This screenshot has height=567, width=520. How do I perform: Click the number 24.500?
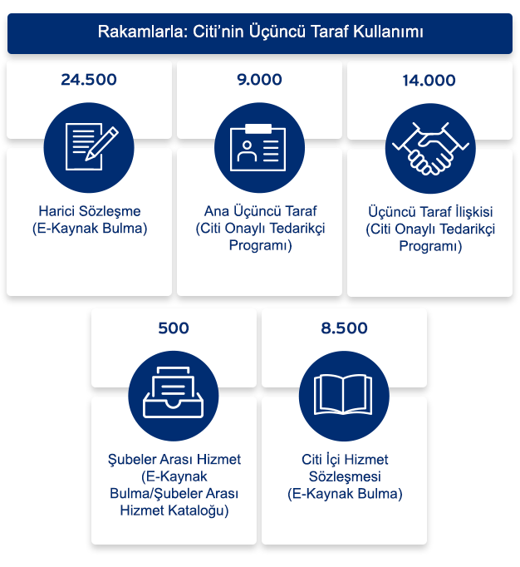89,81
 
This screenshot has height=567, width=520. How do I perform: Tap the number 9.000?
259,81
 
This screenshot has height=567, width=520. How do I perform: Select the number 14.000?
429,81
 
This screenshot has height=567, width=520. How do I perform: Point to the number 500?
174,328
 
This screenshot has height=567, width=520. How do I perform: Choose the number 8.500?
344,328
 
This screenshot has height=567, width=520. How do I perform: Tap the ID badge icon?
259,148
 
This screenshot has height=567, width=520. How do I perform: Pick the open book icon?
344,395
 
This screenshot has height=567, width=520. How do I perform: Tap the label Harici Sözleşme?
89,211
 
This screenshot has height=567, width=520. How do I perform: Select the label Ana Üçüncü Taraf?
260,211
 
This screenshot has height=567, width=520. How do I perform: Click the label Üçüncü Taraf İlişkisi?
429,212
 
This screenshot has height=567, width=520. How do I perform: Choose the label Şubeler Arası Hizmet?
174,460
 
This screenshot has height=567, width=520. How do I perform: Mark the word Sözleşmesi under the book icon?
345,477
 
